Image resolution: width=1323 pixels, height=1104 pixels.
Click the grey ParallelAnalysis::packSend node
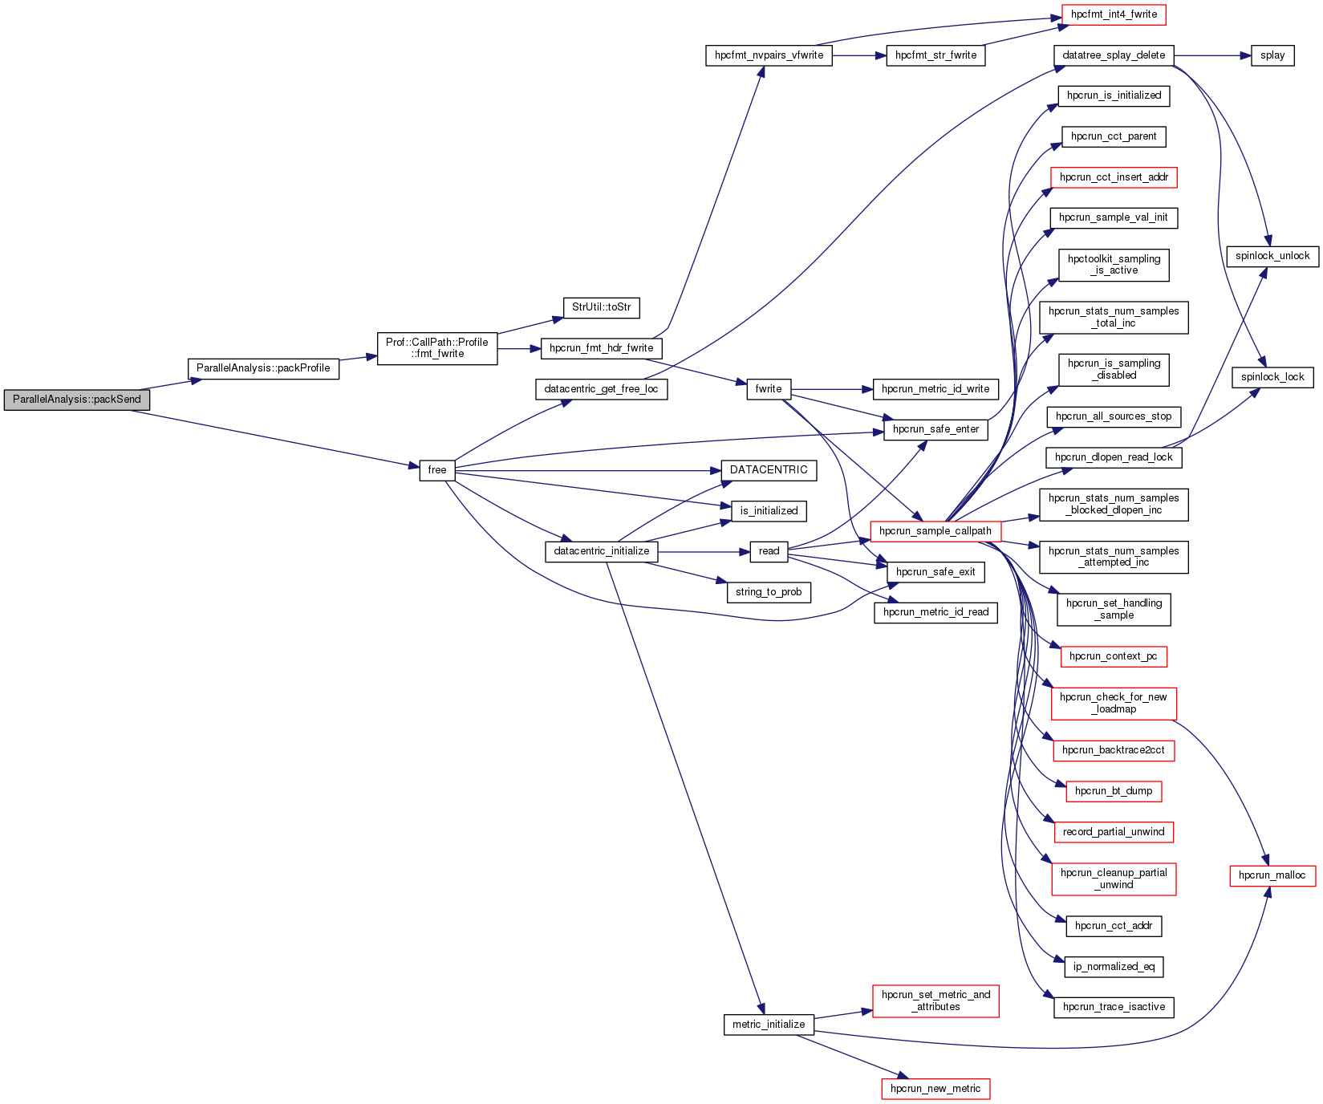pyautogui.click(x=76, y=400)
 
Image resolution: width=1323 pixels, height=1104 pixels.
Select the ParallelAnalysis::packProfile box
pyautogui.click(x=263, y=368)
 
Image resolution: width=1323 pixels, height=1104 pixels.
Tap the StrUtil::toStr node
pyautogui.click(x=601, y=307)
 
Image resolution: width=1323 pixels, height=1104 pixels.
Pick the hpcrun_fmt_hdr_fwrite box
pyautogui.click(x=601, y=348)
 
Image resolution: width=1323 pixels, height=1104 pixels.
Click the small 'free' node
pyautogui.click(x=436, y=470)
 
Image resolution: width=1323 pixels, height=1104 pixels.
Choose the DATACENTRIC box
pyautogui.click(x=769, y=470)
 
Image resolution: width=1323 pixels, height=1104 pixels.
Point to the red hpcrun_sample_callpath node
pyautogui.click(x=935, y=531)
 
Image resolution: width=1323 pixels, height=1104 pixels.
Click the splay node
pyautogui.click(x=1272, y=55)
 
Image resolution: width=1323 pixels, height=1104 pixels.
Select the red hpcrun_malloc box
pyautogui.click(x=1272, y=875)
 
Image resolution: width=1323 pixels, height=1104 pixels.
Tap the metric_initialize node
pyautogui.click(x=769, y=1025)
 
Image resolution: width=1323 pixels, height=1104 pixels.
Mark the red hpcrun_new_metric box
pyautogui.click(x=935, y=1089)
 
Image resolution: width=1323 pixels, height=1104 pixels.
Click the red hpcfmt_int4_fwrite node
pyautogui.click(x=1114, y=14)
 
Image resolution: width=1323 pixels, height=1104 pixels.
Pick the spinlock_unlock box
pyautogui.click(x=1272, y=256)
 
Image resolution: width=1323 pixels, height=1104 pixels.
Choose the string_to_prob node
pyautogui.click(x=769, y=592)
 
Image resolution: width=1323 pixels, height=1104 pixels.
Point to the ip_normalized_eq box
pyautogui.click(x=1114, y=967)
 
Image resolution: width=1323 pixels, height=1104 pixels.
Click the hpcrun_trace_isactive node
pyautogui.click(x=1114, y=1007)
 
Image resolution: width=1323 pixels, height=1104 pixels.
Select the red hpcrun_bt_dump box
pyautogui.click(x=1114, y=791)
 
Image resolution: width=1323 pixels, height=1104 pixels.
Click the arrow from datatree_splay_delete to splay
pyautogui.click(x=1211, y=55)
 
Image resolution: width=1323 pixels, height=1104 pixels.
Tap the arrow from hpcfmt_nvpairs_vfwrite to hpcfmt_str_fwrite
pyautogui.click(x=858, y=55)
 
